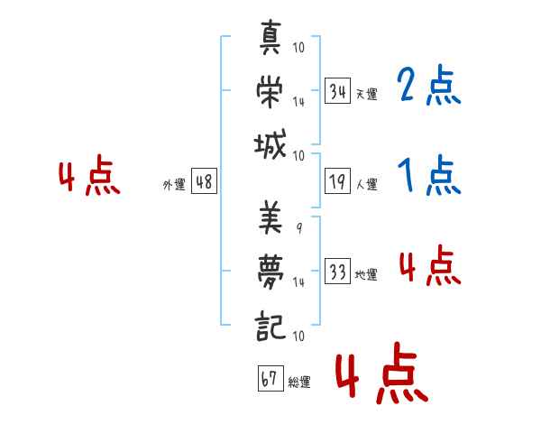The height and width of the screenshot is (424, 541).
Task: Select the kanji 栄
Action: (270, 92)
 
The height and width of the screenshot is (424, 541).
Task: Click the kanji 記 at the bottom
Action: (270, 321)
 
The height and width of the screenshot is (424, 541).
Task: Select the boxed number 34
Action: (337, 91)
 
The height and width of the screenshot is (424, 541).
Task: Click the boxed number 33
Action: (337, 272)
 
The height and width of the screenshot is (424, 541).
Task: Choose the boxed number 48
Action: (204, 182)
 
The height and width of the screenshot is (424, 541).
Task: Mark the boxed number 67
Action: (269, 379)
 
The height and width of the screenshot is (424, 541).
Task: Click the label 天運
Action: (366, 94)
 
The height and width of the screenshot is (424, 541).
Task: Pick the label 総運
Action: (298, 382)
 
